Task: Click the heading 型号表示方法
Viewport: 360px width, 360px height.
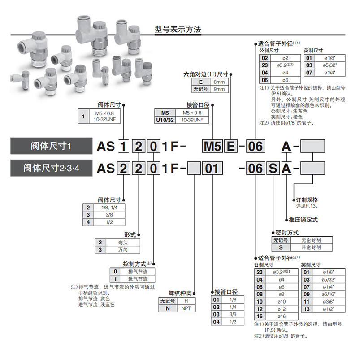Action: click(x=178, y=30)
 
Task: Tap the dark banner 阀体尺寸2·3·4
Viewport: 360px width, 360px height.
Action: click(x=51, y=169)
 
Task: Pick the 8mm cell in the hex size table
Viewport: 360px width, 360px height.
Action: click(x=218, y=82)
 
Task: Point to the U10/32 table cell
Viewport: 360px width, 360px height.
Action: click(x=164, y=120)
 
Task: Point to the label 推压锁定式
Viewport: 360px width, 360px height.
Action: click(x=303, y=220)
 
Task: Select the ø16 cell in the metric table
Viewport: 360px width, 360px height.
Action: click(x=282, y=316)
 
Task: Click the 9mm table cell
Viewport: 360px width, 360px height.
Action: click(x=218, y=89)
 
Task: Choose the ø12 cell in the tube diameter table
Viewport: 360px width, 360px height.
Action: click(x=282, y=309)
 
